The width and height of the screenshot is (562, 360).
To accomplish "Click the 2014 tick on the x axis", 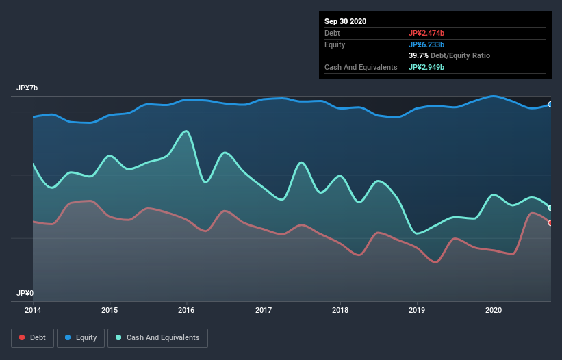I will point(33,310).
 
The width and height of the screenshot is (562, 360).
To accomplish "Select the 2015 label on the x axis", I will point(110,310).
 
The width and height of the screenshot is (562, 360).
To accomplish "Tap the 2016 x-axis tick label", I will point(186,310).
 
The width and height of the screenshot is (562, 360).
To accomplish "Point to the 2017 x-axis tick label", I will point(264,310).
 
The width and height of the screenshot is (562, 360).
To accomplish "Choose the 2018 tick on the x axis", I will point(340,310).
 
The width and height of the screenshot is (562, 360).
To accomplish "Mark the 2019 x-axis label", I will point(417,310).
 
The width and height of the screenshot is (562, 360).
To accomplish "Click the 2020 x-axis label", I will point(494,310).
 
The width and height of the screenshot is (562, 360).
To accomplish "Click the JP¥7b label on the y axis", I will point(27,88).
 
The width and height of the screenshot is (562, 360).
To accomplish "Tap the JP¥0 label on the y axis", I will point(25,293).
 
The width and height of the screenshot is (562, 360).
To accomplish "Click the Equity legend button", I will point(81,337).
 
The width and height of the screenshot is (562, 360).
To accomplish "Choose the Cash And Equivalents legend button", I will point(157,337).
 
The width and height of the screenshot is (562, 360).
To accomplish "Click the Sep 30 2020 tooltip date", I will point(345,21).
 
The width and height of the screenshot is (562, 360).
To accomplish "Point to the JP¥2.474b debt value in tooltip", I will point(426,33).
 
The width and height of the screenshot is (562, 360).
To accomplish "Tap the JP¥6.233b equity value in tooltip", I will point(426,44).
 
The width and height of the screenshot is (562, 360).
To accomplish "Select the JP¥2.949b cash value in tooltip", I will point(426,67).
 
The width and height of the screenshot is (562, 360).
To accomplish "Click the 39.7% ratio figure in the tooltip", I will point(420,55).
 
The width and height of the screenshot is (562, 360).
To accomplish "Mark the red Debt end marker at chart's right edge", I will point(550,223).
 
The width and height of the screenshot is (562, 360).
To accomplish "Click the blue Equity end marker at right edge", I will point(550,105).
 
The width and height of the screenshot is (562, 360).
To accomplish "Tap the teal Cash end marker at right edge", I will point(550,208).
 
